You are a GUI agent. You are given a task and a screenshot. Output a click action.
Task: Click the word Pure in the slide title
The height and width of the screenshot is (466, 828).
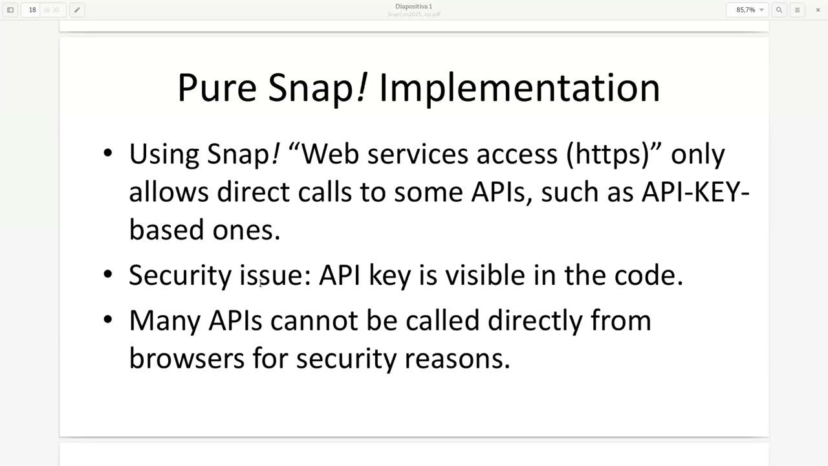click(217, 88)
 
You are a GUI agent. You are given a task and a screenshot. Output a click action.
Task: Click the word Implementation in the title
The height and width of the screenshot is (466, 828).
click(519, 88)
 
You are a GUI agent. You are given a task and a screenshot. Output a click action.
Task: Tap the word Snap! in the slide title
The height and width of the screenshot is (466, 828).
click(318, 88)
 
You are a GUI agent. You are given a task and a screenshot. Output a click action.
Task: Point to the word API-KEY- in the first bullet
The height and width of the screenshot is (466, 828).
click(695, 192)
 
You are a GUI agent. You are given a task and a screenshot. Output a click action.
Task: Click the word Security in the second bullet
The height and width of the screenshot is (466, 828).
click(180, 276)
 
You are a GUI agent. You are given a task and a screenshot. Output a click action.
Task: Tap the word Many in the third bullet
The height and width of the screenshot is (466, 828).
click(164, 321)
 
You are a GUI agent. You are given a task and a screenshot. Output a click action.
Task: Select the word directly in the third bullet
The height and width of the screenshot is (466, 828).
click(534, 321)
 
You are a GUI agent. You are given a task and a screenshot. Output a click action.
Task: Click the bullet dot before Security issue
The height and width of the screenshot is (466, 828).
click(108, 274)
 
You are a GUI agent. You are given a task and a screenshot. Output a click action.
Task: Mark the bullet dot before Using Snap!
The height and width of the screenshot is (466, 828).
click(108, 153)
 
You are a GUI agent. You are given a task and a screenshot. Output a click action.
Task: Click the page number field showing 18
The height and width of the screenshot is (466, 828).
click(32, 10)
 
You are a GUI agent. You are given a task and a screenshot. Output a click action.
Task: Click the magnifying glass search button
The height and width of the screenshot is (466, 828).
click(779, 10)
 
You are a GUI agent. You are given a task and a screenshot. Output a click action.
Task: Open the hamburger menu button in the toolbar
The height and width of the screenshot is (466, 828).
click(797, 10)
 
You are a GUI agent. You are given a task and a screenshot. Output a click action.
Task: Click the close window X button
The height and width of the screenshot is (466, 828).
click(818, 10)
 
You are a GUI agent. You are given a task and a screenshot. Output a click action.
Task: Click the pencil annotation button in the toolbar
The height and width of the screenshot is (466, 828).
click(77, 10)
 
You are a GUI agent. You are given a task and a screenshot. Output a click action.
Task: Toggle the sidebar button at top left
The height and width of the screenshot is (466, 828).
click(10, 10)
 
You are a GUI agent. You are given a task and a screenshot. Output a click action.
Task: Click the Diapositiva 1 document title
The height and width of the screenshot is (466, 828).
click(413, 6)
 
